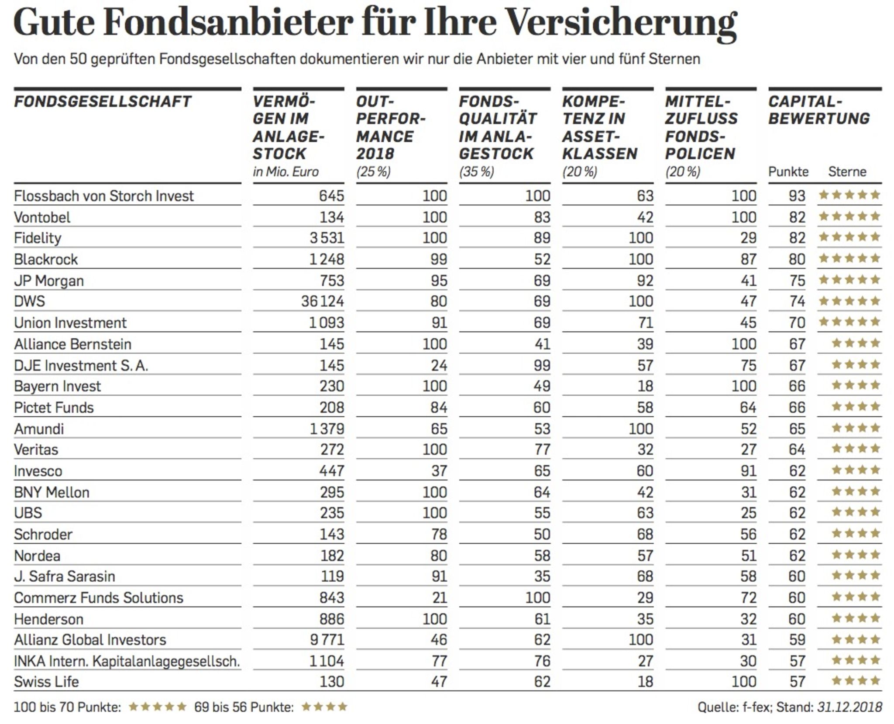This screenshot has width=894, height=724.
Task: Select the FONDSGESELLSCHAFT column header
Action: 103,102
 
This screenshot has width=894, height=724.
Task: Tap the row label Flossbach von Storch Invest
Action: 103,196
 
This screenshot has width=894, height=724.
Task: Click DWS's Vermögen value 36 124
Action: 322,302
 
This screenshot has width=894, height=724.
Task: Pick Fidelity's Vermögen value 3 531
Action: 327,238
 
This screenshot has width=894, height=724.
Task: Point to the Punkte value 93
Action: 797,196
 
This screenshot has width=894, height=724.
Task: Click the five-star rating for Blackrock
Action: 849,259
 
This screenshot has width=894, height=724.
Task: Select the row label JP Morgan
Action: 49,281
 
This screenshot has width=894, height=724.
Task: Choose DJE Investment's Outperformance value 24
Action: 439,365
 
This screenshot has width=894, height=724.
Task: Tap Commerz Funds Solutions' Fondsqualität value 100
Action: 537,597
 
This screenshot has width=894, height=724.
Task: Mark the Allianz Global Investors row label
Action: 90,640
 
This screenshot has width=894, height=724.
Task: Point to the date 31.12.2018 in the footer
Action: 849,707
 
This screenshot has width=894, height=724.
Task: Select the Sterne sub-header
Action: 847,172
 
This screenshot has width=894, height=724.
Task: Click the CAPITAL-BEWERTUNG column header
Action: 818,110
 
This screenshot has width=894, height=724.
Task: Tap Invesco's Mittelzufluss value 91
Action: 748,471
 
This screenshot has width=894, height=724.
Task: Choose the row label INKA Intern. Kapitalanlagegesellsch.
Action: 127,661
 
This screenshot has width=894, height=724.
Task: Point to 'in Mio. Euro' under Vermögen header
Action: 285,172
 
